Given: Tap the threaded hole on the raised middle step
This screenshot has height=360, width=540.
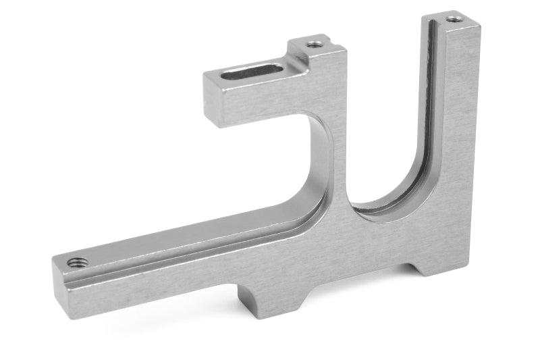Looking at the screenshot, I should [x=314, y=45].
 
